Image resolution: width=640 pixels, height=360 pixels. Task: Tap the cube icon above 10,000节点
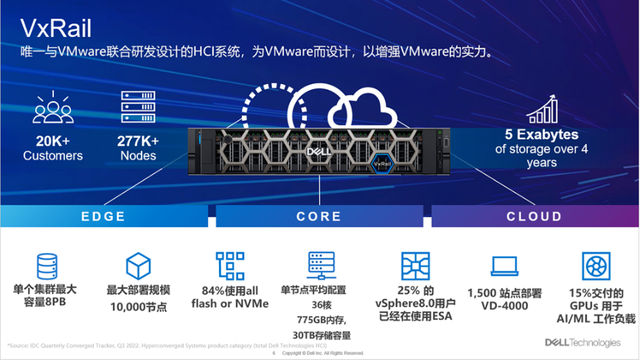pos(138,266)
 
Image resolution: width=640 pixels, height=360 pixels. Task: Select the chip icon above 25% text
pos(413,266)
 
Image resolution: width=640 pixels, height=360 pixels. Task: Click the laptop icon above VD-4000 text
pos(504,267)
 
